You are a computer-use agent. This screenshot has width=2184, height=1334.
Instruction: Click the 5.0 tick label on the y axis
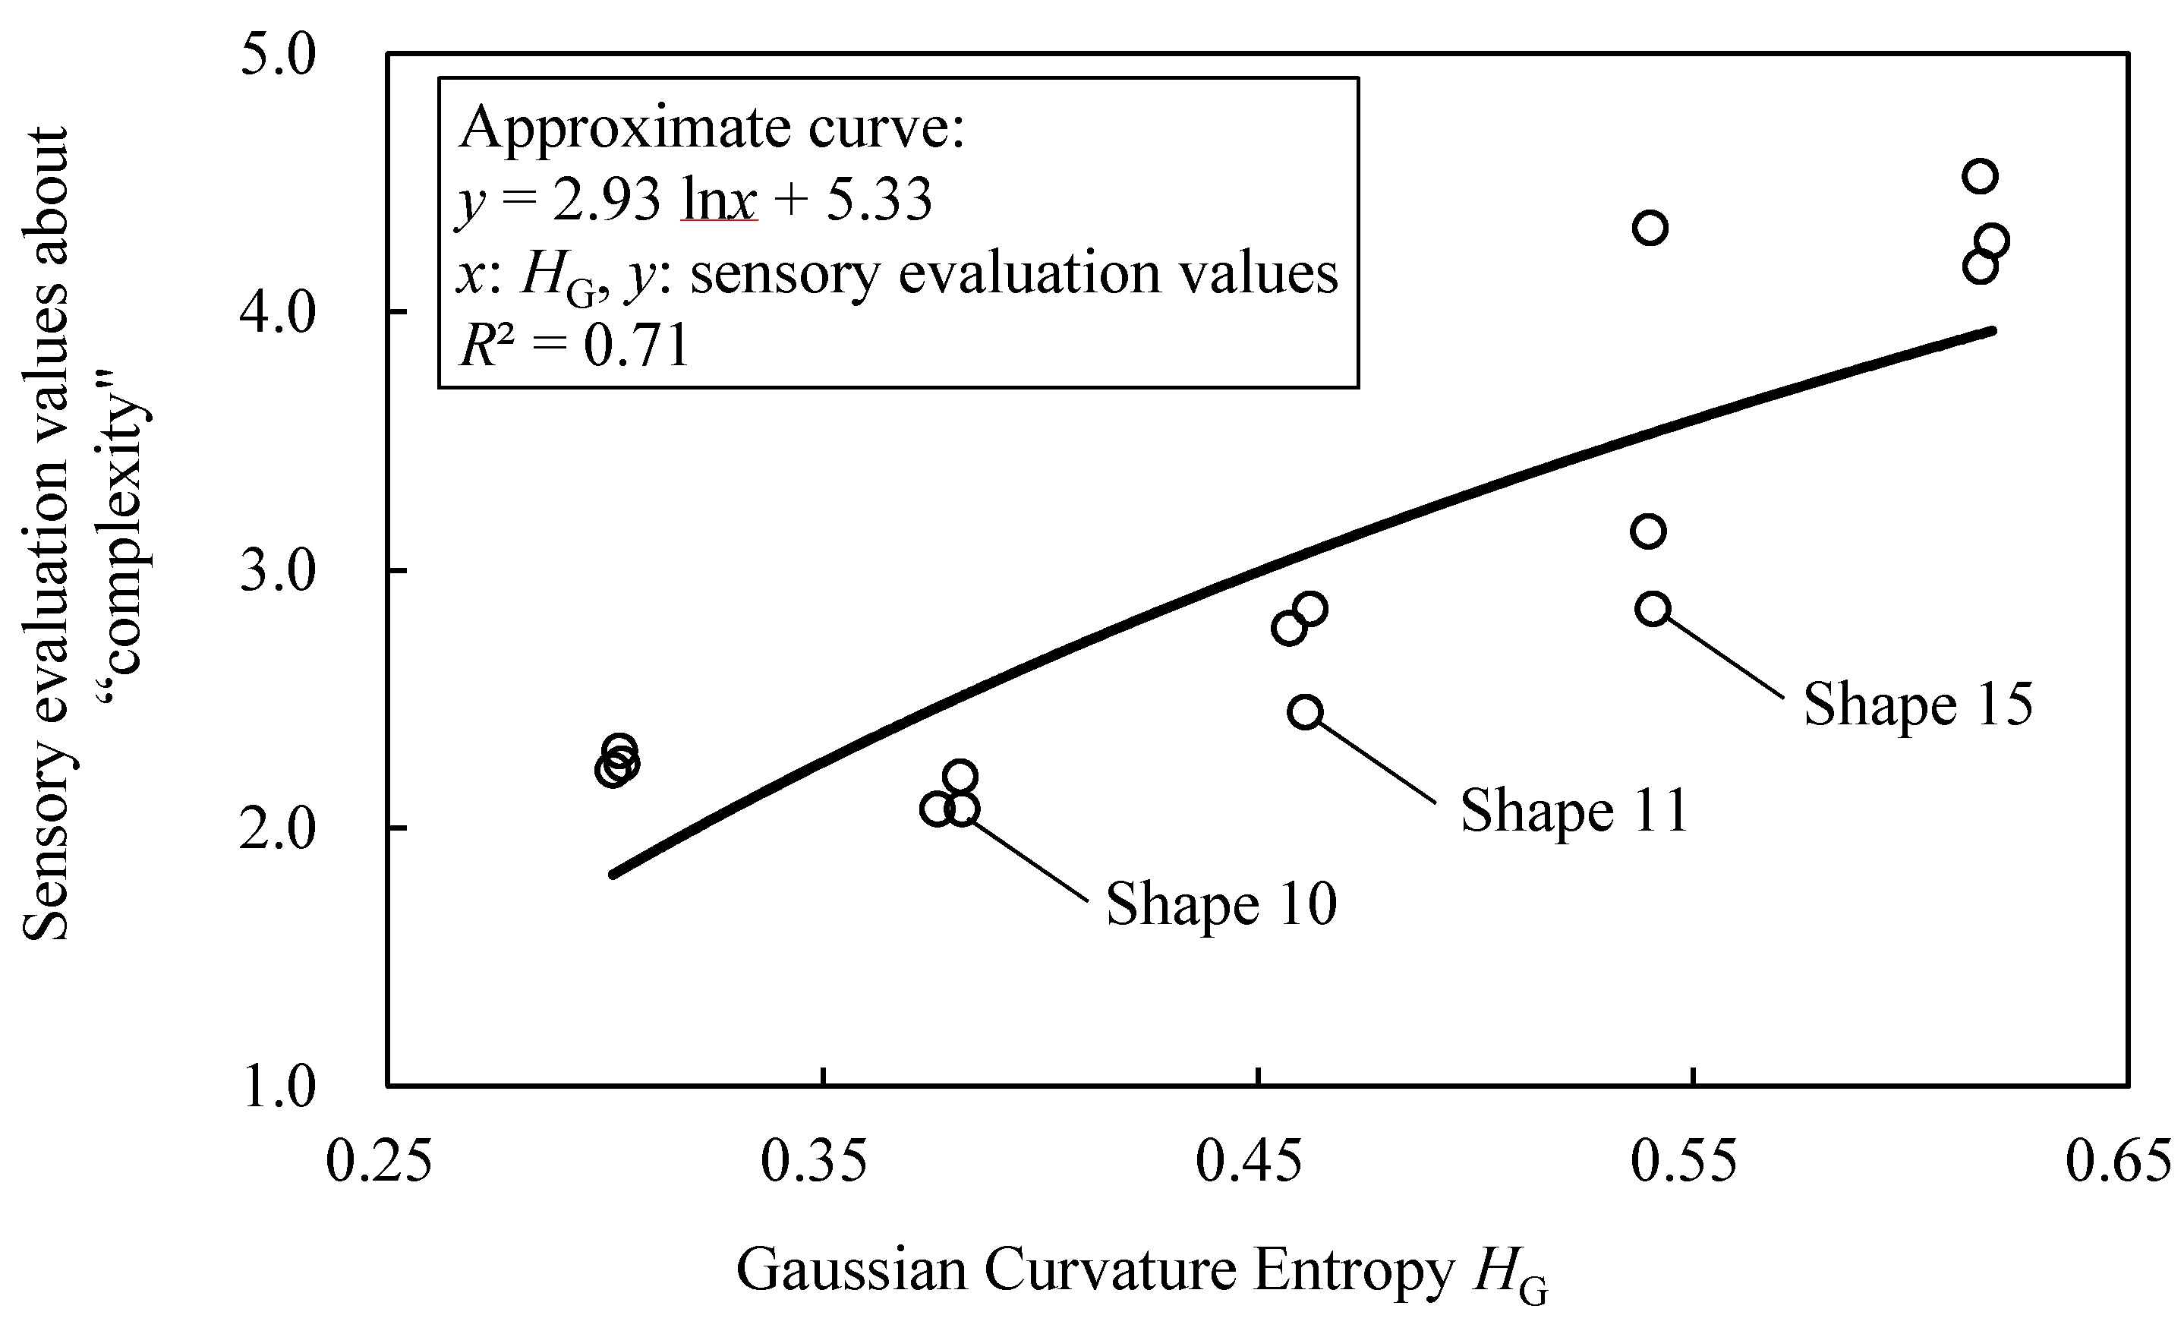(x=277, y=56)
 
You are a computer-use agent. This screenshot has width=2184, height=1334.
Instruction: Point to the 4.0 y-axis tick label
(x=277, y=313)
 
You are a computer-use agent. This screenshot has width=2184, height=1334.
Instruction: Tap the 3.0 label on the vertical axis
(x=277, y=571)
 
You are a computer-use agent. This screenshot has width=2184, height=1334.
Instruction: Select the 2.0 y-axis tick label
(x=277, y=829)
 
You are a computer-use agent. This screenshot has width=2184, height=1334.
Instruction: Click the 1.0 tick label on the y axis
(x=277, y=1086)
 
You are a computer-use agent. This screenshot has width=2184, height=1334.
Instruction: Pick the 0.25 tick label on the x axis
(x=379, y=1163)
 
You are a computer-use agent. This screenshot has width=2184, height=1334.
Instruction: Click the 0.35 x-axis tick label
(x=814, y=1163)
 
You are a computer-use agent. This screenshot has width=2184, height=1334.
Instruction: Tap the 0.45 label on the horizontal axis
(x=1249, y=1163)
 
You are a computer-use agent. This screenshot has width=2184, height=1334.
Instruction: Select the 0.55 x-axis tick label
(x=1684, y=1163)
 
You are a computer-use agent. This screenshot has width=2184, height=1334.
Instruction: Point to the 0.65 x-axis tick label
(x=2119, y=1163)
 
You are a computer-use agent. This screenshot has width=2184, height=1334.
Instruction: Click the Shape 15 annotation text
(x=1918, y=705)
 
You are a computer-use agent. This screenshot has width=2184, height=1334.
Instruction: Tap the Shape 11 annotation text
(x=1574, y=811)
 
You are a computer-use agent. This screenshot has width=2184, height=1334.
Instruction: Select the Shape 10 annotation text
(x=1221, y=905)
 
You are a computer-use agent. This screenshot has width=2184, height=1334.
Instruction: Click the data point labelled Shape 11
(x=1306, y=711)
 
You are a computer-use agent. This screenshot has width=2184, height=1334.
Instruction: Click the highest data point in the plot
(x=1979, y=176)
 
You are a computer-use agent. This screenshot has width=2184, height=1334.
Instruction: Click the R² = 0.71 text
(x=575, y=345)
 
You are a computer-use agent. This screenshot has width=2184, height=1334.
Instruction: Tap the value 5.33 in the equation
(x=878, y=200)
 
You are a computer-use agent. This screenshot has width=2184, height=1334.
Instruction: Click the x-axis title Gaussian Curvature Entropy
(x=1095, y=1270)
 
